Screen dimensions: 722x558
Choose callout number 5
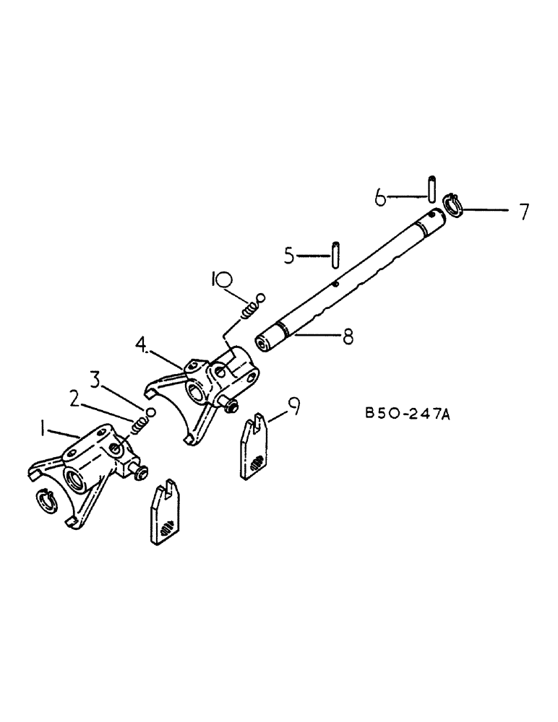(290, 256)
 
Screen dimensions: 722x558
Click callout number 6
(380, 196)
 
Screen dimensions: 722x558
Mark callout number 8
(349, 336)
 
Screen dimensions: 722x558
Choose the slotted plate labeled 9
(257, 447)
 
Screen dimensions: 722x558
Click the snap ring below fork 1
(47, 500)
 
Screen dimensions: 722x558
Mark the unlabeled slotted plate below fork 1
(166, 510)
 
